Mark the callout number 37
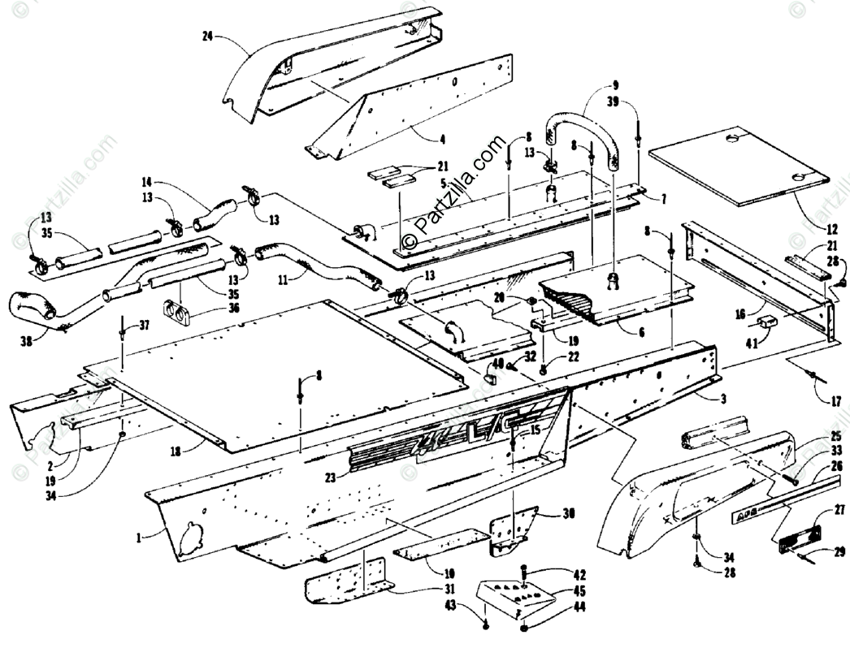144,325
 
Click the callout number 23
330,479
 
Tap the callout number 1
139,537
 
